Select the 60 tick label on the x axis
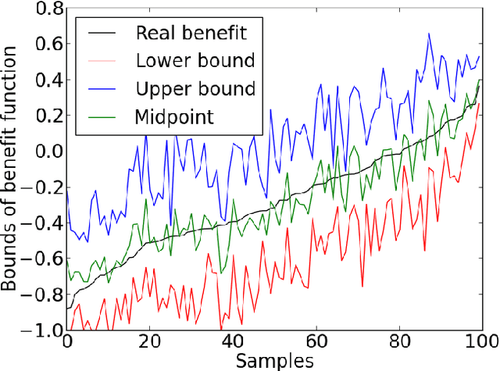coord(316,343)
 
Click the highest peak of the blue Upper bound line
coord(429,34)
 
